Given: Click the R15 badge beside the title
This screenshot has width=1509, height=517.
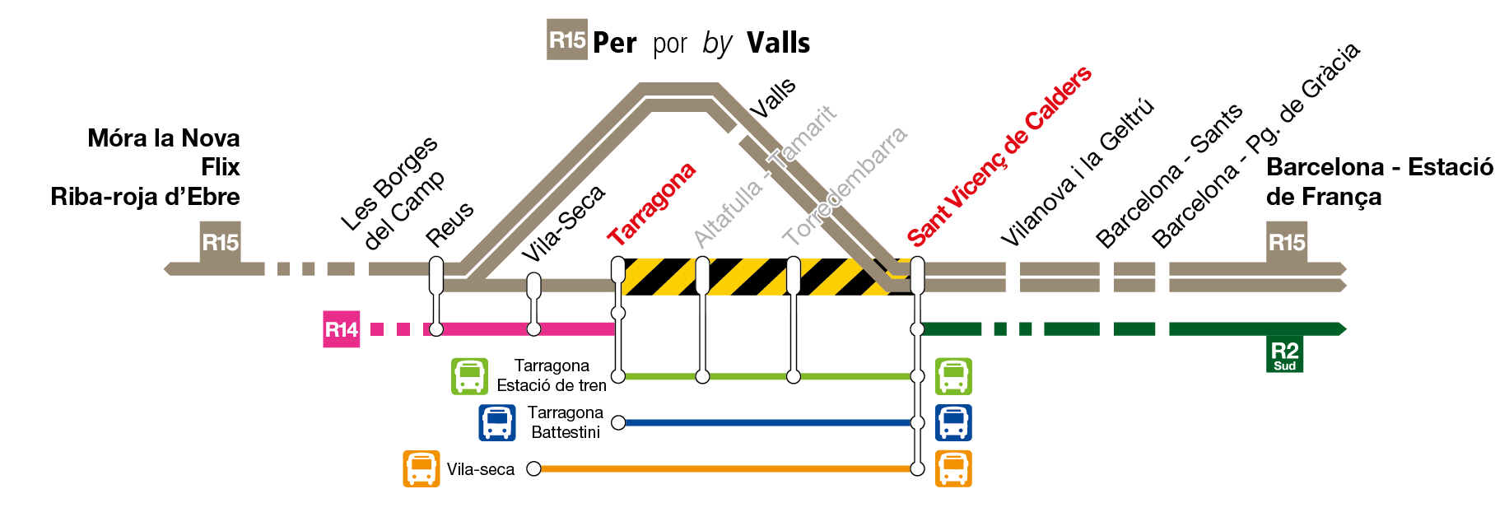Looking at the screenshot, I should pos(567,40).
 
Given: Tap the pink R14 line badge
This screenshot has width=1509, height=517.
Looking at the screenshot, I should pos(341,330).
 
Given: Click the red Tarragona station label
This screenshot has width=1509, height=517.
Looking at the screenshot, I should pos(652,204).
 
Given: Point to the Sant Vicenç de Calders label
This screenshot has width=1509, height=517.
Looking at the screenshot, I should pos(999,156).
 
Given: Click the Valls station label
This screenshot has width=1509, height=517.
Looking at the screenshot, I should pos(773,98).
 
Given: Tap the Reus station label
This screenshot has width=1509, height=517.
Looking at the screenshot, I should pos(450,223).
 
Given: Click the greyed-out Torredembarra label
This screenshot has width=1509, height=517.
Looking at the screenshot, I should pos(845,185).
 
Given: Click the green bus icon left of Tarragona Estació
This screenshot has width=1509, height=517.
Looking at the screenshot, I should pos(469,376).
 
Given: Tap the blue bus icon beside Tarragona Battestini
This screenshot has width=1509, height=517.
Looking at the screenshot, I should pos(497,422).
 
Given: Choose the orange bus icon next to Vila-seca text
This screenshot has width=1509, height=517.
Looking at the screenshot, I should pos(421,469).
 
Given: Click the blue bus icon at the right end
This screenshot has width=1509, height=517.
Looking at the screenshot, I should pos(953,422).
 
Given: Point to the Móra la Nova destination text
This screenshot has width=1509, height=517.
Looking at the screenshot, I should pos(164,138).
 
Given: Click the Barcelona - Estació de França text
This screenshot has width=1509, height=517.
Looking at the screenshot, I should pos(1379,181).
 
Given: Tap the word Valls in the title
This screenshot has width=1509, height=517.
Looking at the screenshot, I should pos(778,43).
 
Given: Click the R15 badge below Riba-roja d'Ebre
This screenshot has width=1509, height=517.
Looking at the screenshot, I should pos(220,242).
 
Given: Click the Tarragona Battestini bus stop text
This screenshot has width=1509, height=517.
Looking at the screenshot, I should pos(566,422).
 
